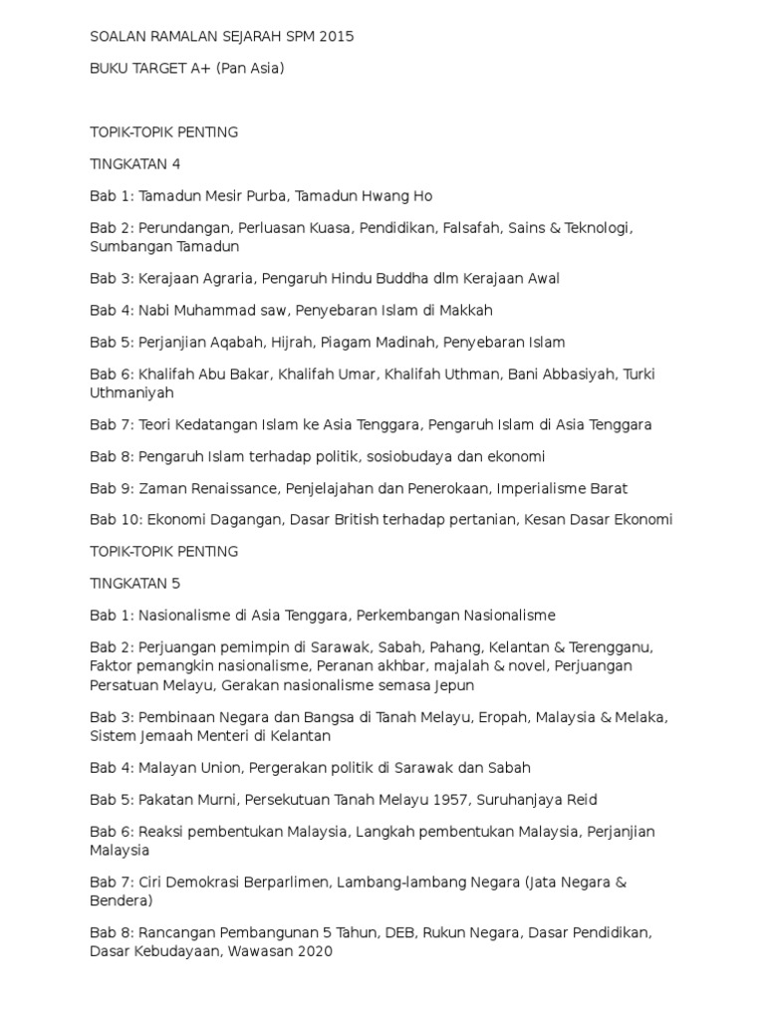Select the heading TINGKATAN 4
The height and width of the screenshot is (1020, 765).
(x=134, y=163)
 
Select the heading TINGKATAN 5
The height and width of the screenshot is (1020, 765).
(x=134, y=583)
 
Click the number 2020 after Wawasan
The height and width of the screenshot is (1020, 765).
(x=313, y=951)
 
